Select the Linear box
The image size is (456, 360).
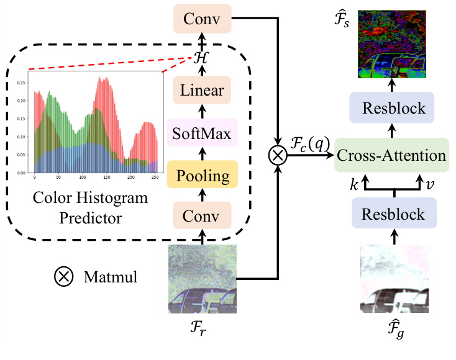tap(202, 91)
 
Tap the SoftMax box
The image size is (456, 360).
tap(202, 134)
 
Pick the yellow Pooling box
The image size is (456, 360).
tap(202, 176)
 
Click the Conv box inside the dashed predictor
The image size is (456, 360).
tap(202, 217)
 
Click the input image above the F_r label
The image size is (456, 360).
tap(202, 280)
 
